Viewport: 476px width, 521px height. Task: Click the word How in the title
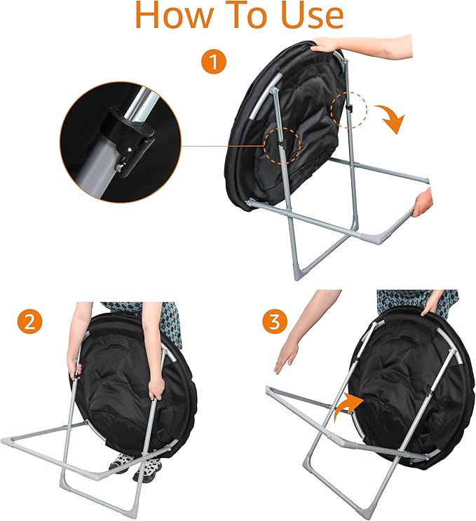[x=173, y=15]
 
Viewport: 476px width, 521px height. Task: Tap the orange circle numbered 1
[x=214, y=62]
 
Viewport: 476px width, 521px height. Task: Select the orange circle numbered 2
[x=30, y=322]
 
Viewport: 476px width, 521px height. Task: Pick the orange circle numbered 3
[x=275, y=322]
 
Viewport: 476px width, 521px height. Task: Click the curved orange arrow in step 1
[x=391, y=117]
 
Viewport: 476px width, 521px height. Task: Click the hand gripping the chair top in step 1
[x=327, y=44]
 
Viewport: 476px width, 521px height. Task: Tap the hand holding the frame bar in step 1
[x=422, y=203]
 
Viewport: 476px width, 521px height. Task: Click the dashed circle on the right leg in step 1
[x=349, y=109]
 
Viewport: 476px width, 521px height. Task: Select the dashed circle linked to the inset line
[x=283, y=145]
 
